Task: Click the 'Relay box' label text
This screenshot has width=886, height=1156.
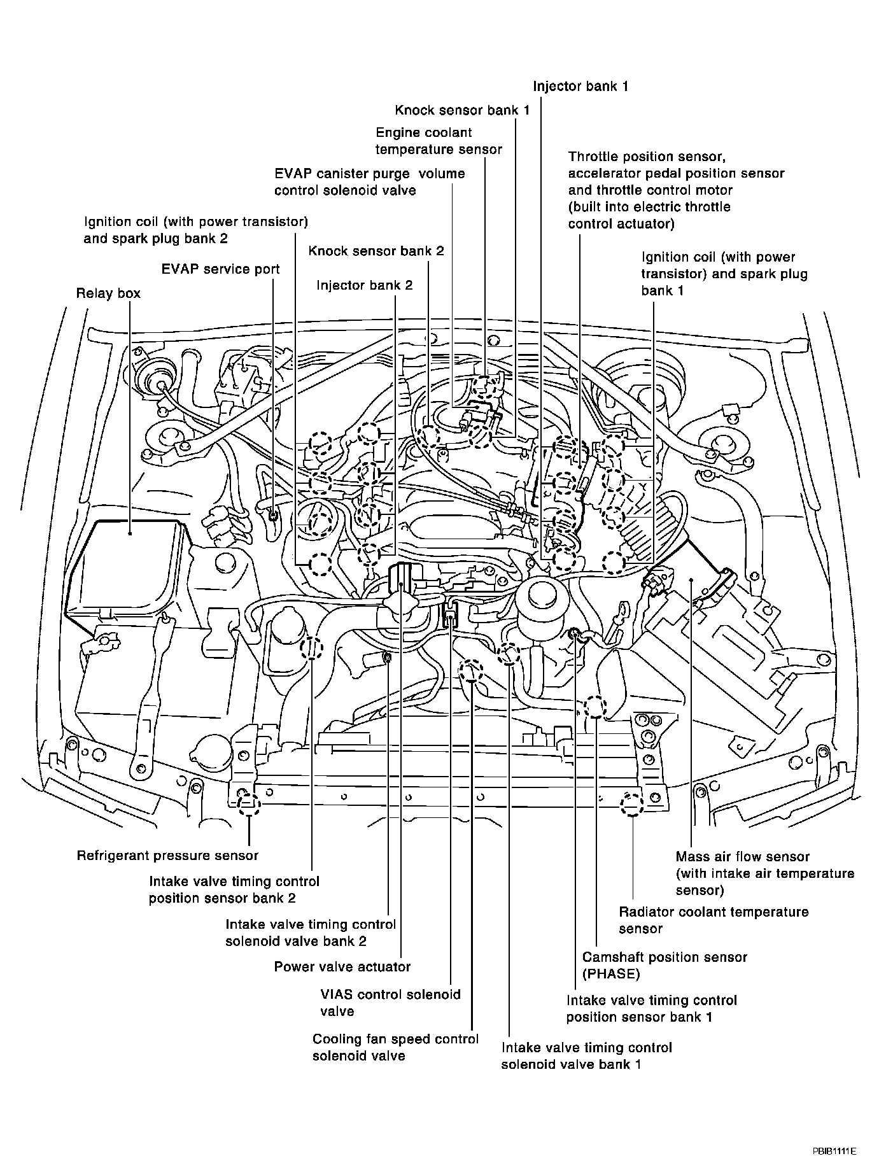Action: tap(108, 293)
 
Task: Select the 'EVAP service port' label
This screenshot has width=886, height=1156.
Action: tap(220, 269)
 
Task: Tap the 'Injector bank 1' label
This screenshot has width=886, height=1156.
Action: tap(580, 86)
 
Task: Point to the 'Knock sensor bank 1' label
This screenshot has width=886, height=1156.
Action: tap(462, 110)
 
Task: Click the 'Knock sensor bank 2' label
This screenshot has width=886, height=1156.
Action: tap(376, 251)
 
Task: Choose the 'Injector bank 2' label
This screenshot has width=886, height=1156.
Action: tap(365, 285)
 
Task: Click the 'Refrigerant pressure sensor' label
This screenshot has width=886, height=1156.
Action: tap(167, 856)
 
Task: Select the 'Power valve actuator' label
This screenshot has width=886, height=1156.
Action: tap(342, 967)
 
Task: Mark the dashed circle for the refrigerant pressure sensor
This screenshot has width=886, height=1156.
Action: tap(249, 804)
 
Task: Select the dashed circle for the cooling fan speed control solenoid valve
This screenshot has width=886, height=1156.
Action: tap(471, 672)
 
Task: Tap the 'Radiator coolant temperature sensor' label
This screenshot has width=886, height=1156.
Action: tap(714, 920)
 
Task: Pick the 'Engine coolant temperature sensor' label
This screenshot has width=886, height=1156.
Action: tap(439, 141)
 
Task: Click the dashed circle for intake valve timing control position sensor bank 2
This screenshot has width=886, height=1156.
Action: tap(312, 649)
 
